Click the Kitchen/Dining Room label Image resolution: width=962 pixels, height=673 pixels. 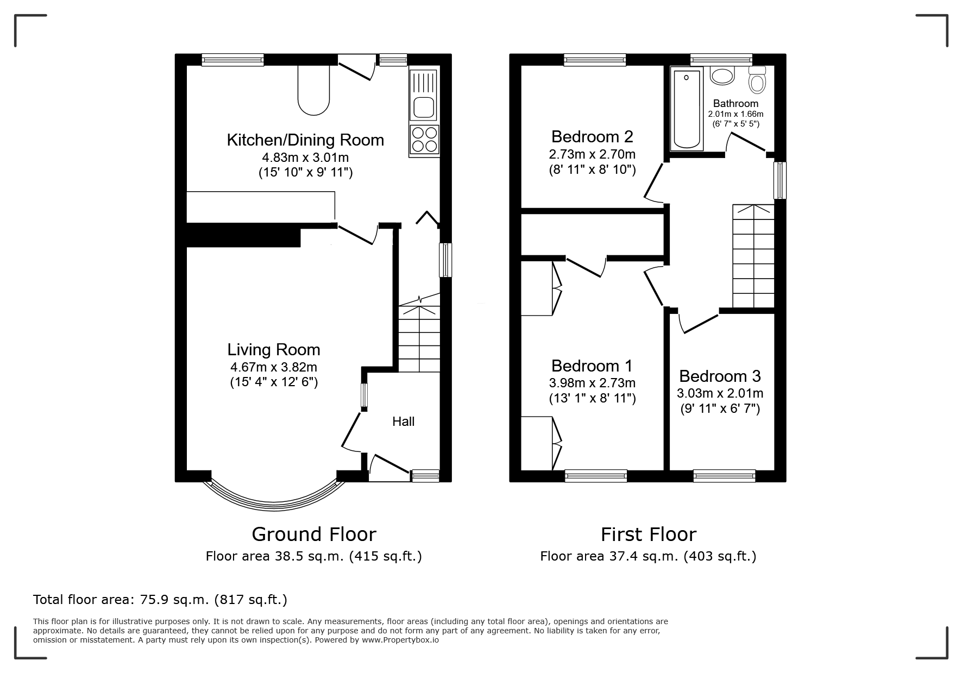pyautogui.click(x=305, y=140)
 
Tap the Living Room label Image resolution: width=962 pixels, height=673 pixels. pyautogui.click(x=274, y=349)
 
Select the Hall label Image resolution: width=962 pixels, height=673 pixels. pyautogui.click(x=404, y=422)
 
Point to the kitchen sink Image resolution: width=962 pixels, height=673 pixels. pyautogui.click(x=424, y=95)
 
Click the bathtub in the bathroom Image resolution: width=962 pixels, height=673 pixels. pyautogui.click(x=687, y=109)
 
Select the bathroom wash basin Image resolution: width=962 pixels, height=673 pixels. pyautogui.click(x=722, y=76)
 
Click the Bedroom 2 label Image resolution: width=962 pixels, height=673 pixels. pyautogui.click(x=592, y=136)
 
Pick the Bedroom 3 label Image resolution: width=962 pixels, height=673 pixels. pyautogui.click(x=720, y=376)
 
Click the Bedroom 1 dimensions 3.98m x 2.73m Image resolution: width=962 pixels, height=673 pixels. pyautogui.click(x=592, y=383)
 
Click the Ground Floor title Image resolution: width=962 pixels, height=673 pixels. pyautogui.click(x=314, y=534)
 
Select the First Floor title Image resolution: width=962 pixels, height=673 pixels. pyautogui.click(x=649, y=534)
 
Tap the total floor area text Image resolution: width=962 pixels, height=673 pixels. pyautogui.click(x=160, y=600)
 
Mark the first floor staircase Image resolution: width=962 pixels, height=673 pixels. pyautogui.click(x=753, y=256)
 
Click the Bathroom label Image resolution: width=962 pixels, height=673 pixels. pyautogui.click(x=735, y=103)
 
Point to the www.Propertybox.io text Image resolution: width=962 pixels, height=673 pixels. pyautogui.click(x=400, y=640)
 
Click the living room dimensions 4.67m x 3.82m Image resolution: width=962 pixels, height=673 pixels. pyautogui.click(x=274, y=367)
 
